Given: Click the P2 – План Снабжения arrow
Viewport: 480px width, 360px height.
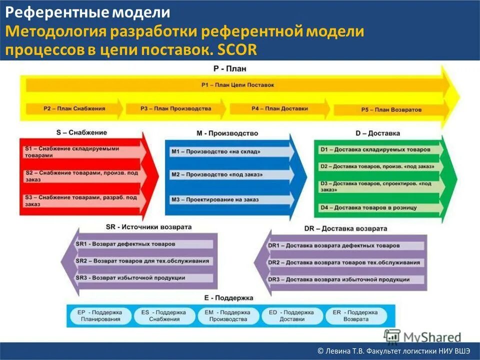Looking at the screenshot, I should [x=72, y=108].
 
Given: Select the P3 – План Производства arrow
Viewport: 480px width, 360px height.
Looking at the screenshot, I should [x=175, y=108].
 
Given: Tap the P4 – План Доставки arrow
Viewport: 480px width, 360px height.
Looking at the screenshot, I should [x=279, y=108].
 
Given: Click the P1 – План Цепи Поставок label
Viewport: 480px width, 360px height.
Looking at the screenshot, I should [x=238, y=85].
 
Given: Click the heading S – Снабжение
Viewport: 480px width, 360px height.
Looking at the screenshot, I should [x=81, y=132].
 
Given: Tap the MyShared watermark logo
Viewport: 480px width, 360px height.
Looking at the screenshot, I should [x=423, y=336].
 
